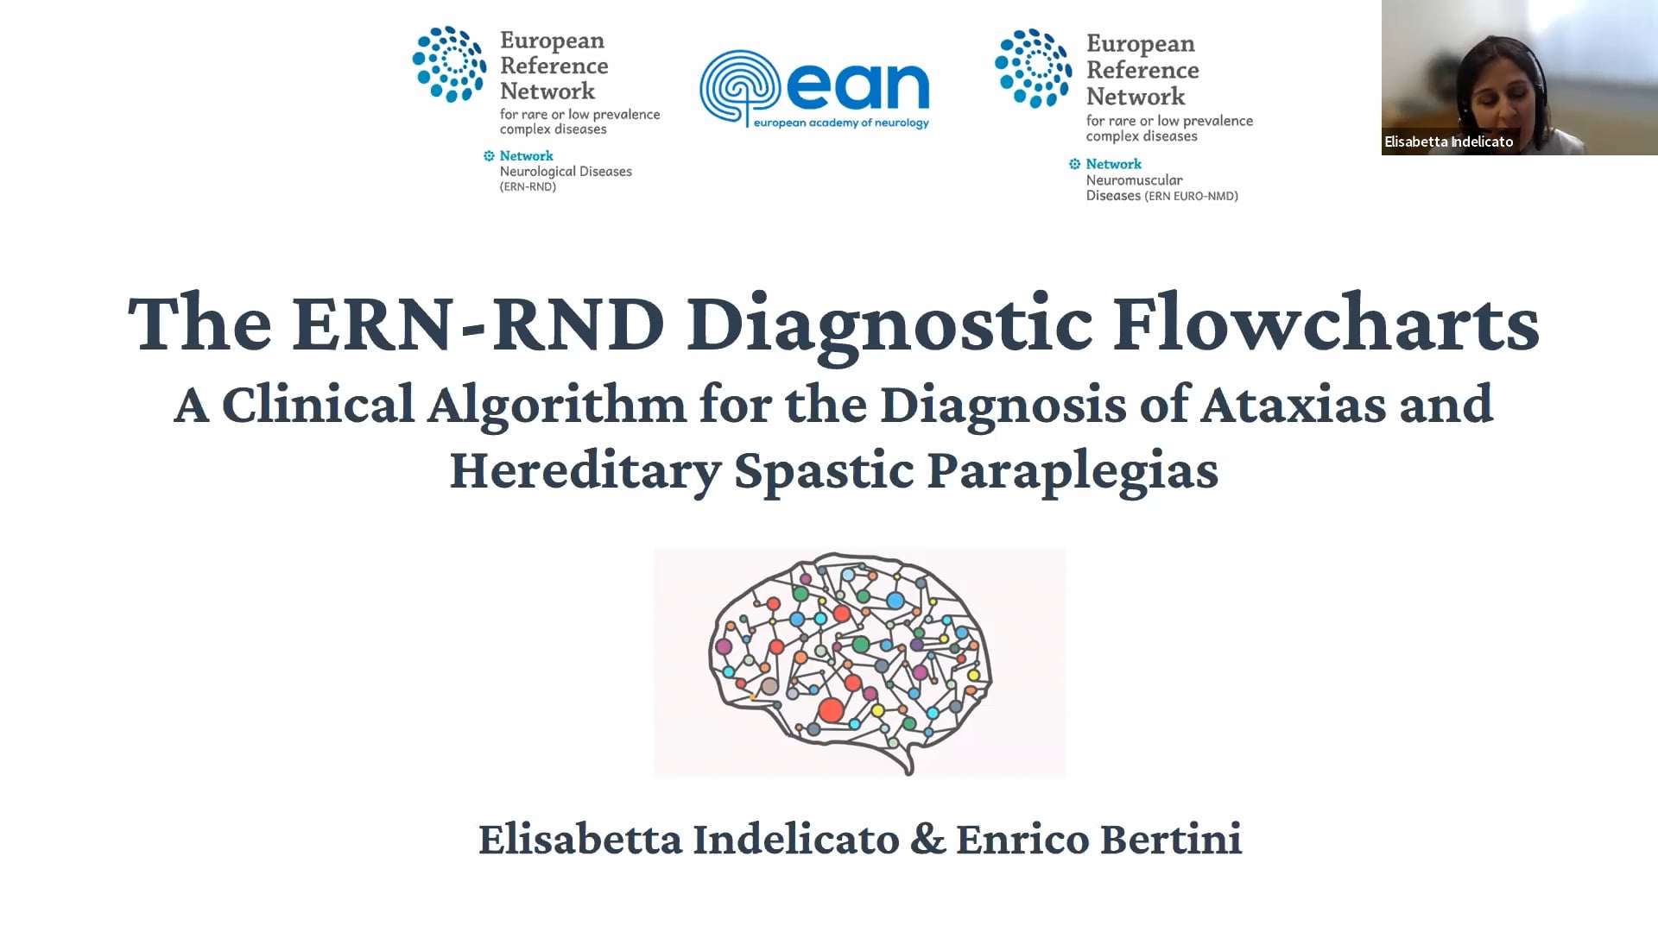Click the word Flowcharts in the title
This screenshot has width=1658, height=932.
1326,323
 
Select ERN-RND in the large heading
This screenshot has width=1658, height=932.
478,324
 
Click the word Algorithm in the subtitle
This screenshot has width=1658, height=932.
556,405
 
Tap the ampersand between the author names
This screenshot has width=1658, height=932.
927,839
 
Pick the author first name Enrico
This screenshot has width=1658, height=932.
1022,839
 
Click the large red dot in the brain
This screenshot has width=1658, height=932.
831,710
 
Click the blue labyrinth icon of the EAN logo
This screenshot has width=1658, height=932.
740,88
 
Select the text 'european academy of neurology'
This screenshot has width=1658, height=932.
841,123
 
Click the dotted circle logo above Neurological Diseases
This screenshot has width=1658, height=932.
449,64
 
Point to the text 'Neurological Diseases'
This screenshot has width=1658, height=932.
566,172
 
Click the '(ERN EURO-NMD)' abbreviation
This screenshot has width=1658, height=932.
1192,196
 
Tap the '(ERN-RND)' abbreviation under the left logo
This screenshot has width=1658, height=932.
528,186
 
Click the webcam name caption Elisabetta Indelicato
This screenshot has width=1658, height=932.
1448,142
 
